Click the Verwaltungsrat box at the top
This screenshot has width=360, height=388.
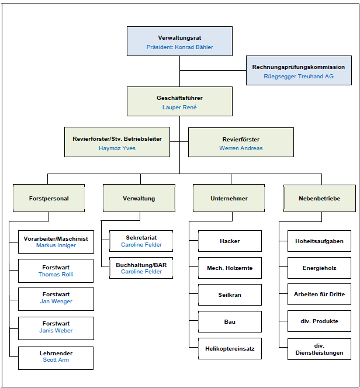tap(179, 41)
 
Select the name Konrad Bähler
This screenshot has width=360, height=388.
tap(194, 47)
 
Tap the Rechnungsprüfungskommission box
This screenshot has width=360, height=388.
tap(299, 70)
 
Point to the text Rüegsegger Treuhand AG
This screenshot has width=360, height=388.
tap(299, 77)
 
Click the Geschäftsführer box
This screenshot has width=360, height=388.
tap(179, 101)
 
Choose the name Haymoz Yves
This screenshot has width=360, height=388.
tap(117, 148)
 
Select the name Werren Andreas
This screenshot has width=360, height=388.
tap(241, 148)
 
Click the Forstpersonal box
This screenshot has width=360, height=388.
tap(49, 198)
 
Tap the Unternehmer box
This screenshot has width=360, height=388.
tap(229, 198)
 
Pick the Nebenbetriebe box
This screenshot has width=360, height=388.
tap(320, 198)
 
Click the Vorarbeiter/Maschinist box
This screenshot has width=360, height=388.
tap(56, 242)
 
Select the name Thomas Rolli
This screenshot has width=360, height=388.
tap(56, 275)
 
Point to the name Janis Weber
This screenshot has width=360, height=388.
tap(56, 331)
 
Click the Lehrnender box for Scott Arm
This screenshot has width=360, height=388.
tap(56, 358)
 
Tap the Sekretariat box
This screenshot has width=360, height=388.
tap(141, 241)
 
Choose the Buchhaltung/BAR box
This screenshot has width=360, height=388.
tap(141, 268)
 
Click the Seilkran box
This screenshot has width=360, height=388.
tap(230, 295)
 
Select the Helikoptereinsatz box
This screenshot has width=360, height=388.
tap(230, 348)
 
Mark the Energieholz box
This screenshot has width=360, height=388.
tap(319, 268)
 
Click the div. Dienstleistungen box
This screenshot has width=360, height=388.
tap(319, 349)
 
